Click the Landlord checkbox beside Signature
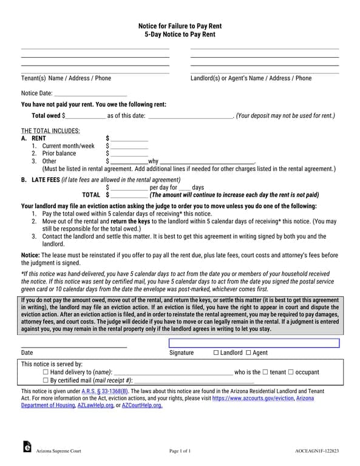(216, 353)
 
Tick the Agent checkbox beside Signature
(248, 353)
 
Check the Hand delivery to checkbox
(46, 372)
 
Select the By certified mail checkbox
(46, 380)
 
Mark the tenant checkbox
(265, 372)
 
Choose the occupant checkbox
(291, 372)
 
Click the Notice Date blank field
(90, 93)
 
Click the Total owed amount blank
(85, 115)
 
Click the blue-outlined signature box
(253, 343)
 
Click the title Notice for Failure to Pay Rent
(180, 26)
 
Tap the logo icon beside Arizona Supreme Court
(27, 446)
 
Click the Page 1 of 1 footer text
(180, 451)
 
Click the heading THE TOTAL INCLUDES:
(50, 130)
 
